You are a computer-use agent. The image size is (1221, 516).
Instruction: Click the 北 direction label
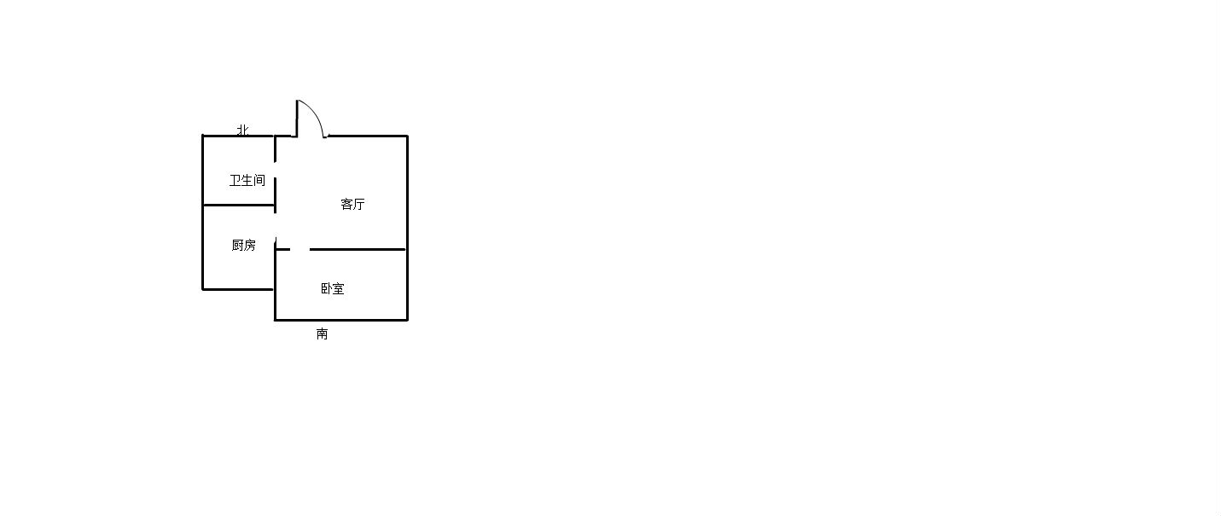point(242,130)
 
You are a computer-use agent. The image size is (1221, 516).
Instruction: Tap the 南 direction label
point(323,333)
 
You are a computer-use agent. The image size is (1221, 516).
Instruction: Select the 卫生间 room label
point(247,180)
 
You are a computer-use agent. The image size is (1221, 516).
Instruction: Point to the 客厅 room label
point(352,204)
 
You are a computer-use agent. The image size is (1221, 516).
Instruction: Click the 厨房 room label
point(244,245)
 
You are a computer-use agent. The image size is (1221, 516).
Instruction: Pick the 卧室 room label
point(333,288)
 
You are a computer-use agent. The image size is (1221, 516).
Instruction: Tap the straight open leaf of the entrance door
point(297,119)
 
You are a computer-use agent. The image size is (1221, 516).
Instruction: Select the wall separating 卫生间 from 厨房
point(238,205)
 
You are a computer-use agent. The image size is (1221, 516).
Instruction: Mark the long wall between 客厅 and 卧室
point(358,249)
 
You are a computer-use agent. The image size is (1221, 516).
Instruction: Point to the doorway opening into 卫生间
point(275,170)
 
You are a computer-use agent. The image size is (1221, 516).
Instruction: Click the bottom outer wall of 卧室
point(341,320)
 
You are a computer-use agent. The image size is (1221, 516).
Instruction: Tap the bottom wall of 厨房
point(238,289)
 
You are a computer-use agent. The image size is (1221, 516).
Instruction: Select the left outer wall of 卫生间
point(203,170)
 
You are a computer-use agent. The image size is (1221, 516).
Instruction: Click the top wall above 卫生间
point(238,135)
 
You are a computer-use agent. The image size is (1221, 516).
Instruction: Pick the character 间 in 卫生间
point(259,180)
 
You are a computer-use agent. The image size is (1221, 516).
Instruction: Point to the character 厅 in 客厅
point(358,204)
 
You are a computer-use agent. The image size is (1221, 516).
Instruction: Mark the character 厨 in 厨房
point(238,245)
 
